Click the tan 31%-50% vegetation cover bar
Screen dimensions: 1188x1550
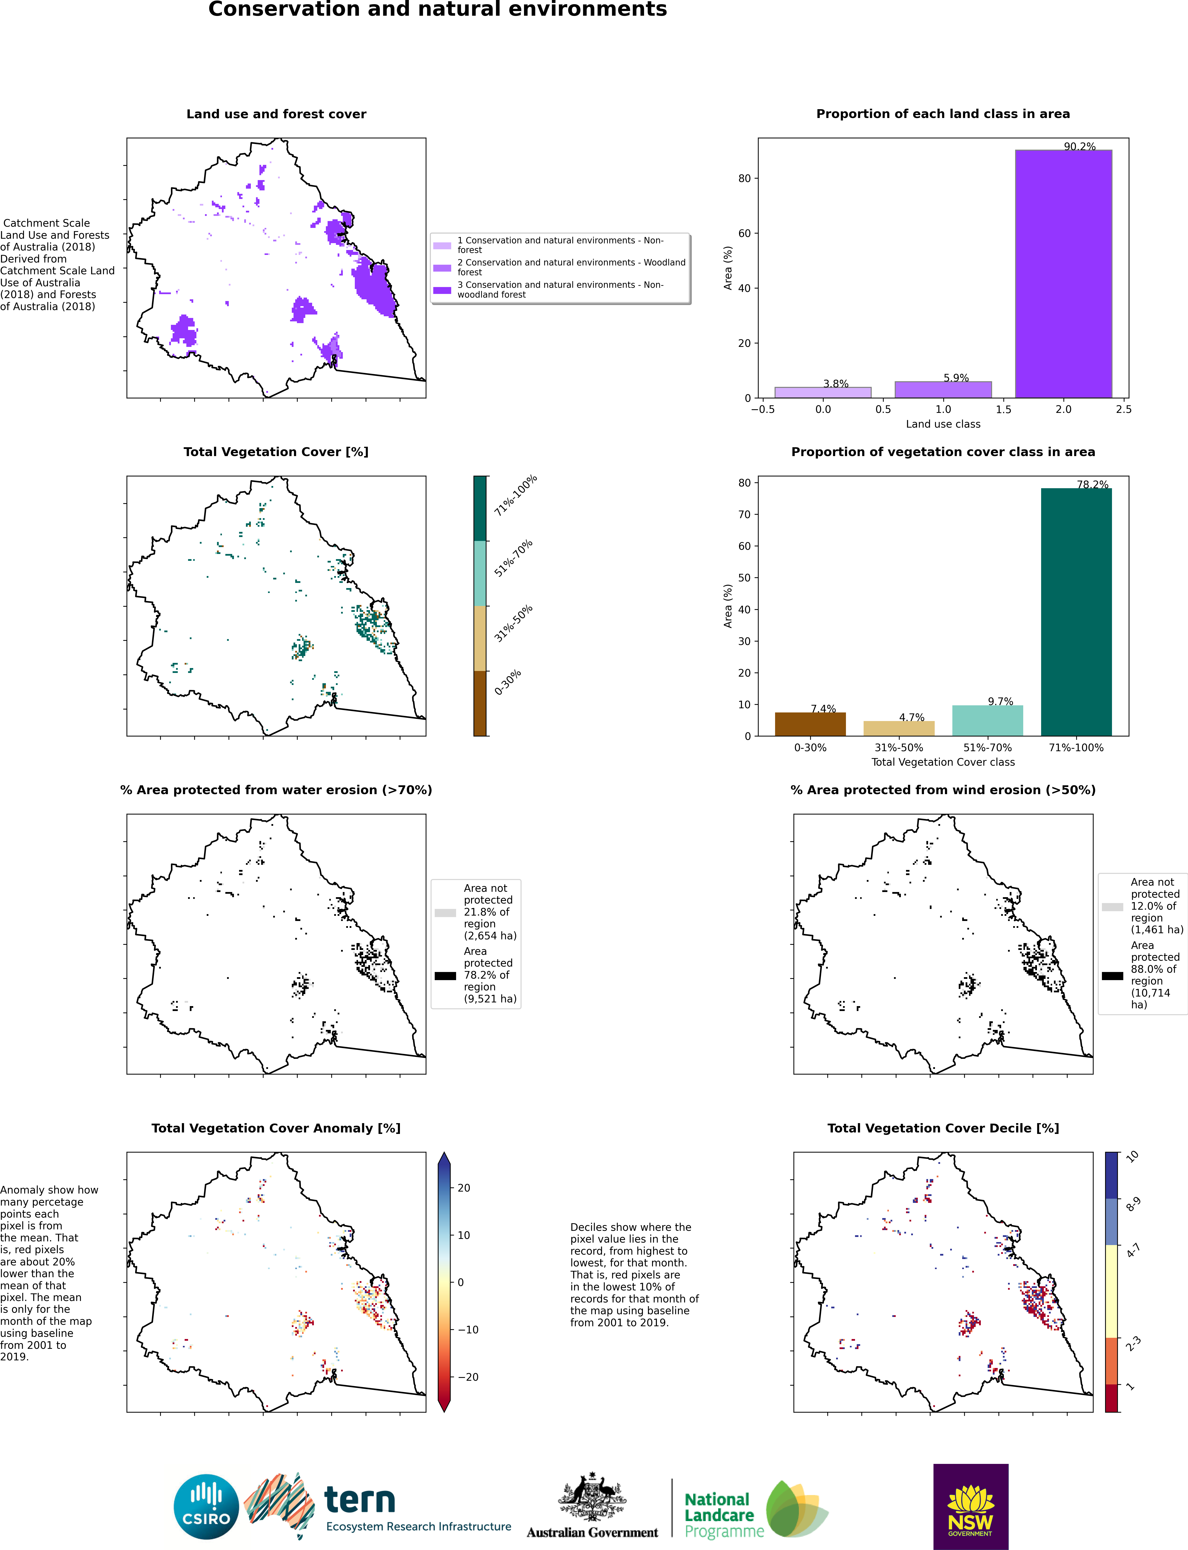click(899, 729)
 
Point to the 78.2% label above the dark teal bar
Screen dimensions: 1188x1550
click(1093, 485)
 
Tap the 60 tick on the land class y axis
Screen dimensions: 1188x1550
click(745, 234)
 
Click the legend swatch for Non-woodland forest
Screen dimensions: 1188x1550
click(442, 290)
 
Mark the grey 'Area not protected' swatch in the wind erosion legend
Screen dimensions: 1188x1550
click(1112, 906)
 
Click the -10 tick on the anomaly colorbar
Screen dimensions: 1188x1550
click(467, 1329)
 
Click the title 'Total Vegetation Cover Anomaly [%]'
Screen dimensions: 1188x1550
click(276, 1128)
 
